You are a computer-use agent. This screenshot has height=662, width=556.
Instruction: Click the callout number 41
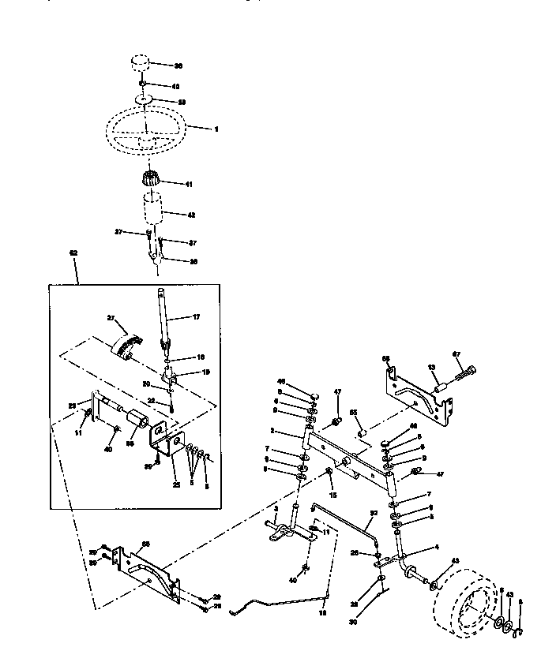pyautogui.click(x=188, y=184)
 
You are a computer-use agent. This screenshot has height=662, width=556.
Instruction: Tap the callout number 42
pyautogui.click(x=190, y=215)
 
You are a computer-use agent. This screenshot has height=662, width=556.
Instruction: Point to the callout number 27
pyautogui.click(x=111, y=317)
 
